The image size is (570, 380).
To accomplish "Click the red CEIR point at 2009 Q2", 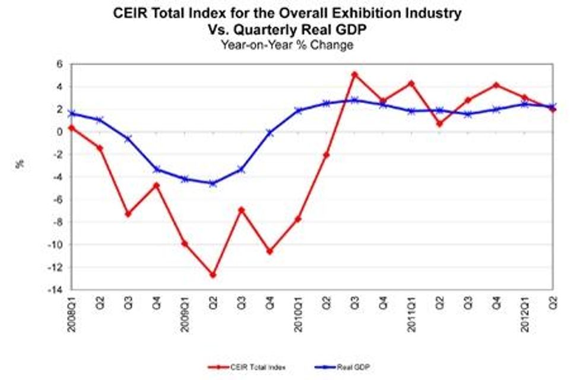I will point(213,275).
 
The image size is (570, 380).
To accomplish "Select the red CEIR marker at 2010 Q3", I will point(354,75).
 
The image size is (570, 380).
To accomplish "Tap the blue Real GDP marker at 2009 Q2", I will point(213,183).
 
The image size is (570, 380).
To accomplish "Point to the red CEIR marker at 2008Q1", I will point(71,128).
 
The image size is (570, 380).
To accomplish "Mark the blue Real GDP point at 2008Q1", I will point(71,113).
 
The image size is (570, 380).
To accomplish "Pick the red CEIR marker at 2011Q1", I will point(411,83).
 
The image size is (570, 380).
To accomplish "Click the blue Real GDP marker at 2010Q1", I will point(298,110).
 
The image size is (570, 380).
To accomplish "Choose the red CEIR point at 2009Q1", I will point(185,243).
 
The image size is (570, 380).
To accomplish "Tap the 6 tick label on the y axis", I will point(60,64).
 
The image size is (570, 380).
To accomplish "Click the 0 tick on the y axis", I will point(60,132).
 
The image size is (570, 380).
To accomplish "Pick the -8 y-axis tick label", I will point(58,222).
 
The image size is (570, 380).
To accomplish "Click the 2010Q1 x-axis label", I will point(299,312).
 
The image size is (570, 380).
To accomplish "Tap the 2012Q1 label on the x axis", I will point(525,312).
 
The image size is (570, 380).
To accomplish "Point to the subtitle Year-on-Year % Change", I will point(287,45).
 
